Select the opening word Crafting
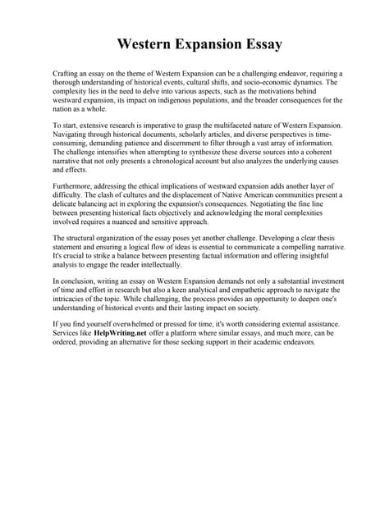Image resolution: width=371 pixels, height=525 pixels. click(67, 74)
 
